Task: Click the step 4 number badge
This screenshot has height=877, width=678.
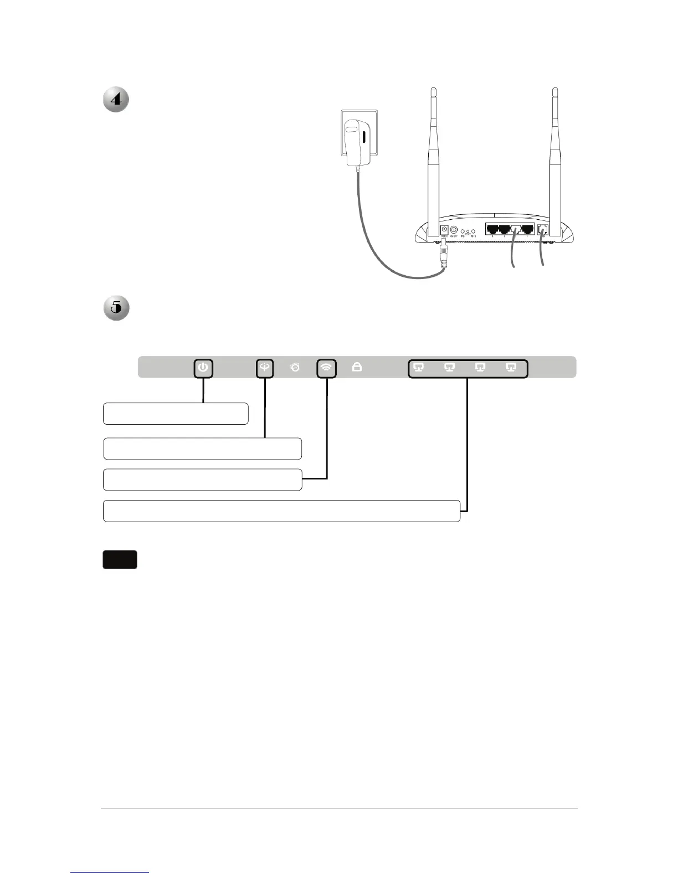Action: [116, 100]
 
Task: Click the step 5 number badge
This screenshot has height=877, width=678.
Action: [116, 308]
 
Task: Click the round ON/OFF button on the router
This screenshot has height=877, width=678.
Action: [454, 229]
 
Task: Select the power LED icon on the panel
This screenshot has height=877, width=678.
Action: [203, 367]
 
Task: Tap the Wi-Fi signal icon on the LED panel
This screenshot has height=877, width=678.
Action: [327, 367]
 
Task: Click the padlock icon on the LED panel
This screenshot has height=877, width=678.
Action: [357, 367]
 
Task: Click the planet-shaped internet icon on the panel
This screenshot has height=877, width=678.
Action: [295, 367]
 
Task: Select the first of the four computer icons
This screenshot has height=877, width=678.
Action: [419, 367]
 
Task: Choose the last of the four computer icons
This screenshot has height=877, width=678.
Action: [511, 367]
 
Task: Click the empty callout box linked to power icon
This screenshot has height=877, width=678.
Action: [175, 414]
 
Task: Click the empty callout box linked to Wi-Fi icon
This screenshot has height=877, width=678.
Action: [202, 479]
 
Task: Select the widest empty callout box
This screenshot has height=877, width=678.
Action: [281, 510]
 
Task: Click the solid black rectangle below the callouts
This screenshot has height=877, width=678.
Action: [120, 560]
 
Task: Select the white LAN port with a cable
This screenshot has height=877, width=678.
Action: [516, 229]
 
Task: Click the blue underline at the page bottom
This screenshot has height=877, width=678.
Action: [110, 872]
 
